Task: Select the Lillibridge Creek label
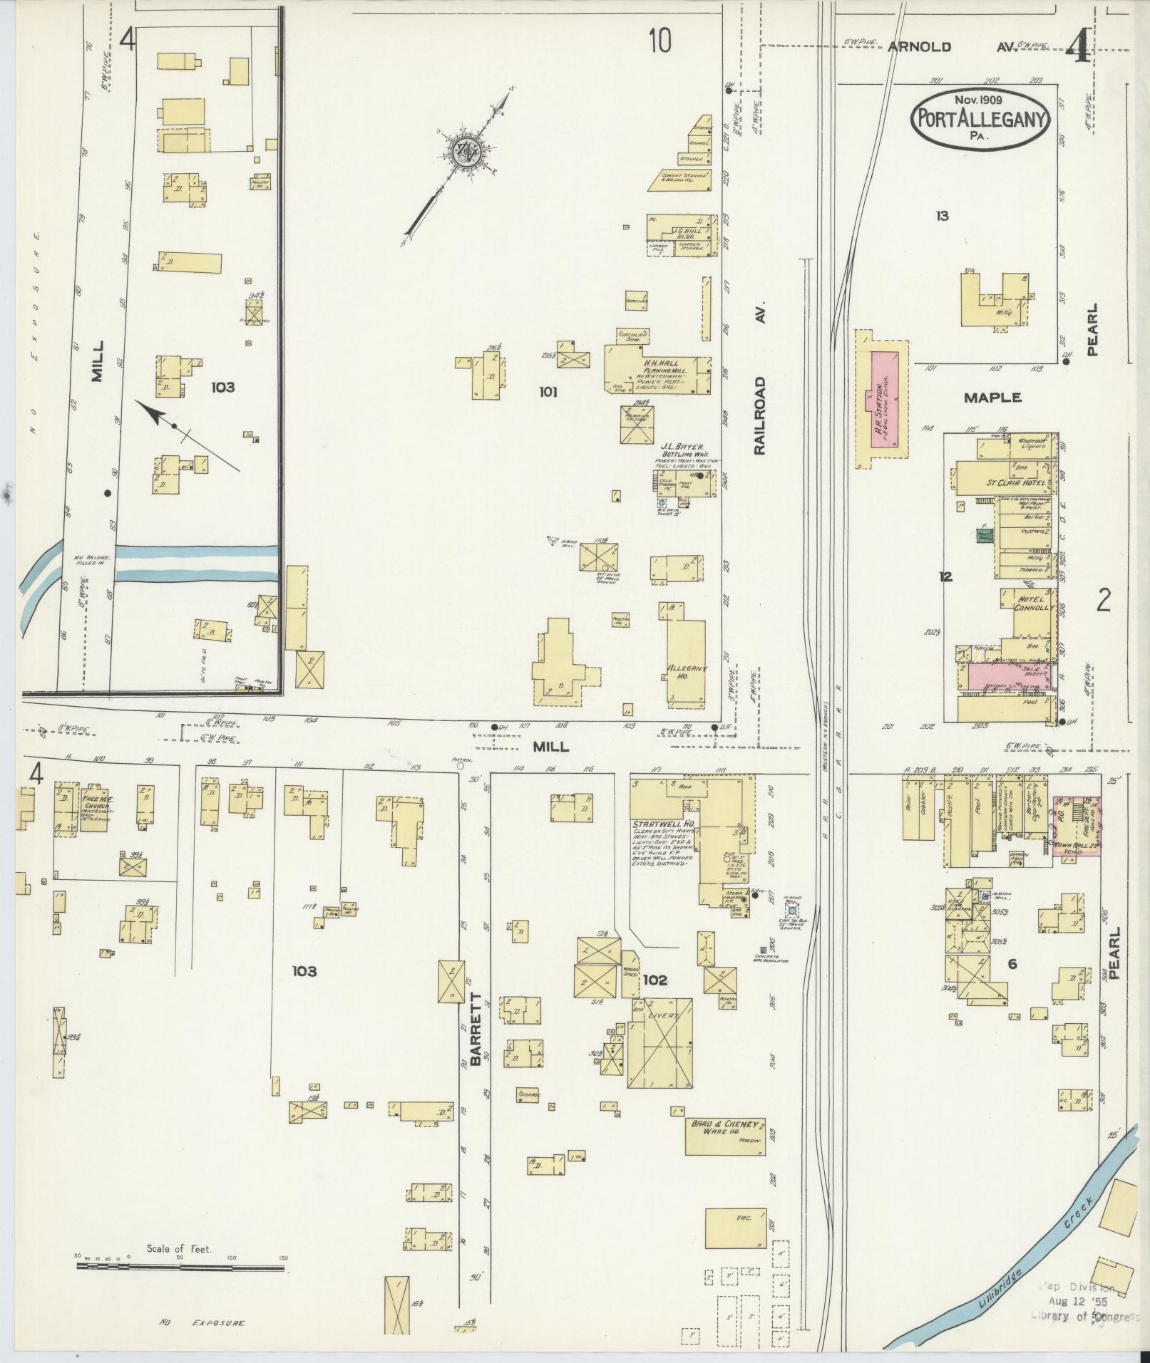[1044, 1265]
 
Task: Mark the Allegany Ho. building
[687, 656]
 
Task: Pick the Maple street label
[992, 398]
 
